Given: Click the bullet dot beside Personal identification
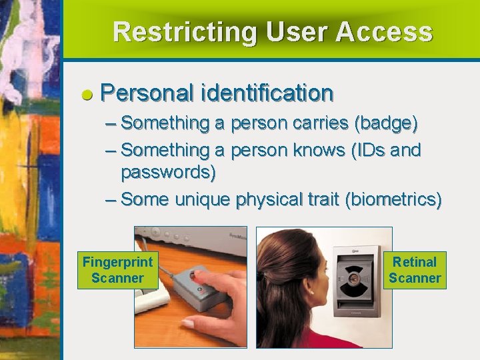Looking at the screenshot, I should [x=87, y=95].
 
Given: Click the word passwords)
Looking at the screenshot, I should [x=168, y=173].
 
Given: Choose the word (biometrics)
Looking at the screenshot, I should [x=393, y=199].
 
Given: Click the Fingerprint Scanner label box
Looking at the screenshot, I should [x=117, y=270].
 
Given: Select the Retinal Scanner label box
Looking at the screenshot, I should [x=415, y=270].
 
